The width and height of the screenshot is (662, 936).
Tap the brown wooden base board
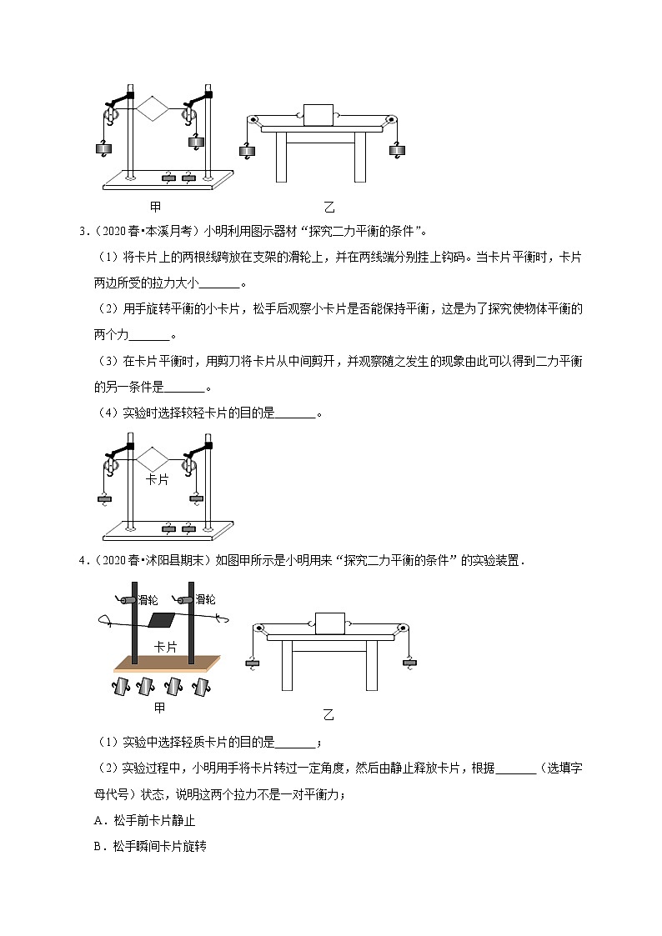[x=167, y=663]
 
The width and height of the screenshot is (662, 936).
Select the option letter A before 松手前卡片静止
[x=98, y=820]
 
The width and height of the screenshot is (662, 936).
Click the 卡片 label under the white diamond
[x=158, y=480]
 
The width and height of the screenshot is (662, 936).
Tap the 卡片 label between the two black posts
[x=165, y=647]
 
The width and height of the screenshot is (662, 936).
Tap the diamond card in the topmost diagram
[x=153, y=108]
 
